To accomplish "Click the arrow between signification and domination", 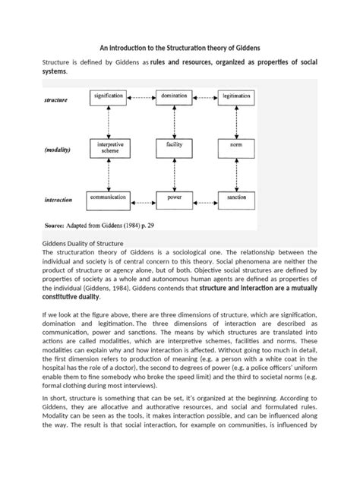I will click(141, 97).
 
